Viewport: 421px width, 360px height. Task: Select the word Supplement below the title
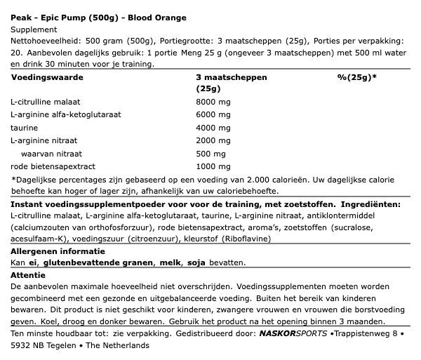34,29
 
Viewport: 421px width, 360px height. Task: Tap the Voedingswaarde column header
47,77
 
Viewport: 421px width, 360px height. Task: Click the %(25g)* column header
356,77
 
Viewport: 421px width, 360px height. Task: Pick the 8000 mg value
213,102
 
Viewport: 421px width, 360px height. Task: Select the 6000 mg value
213,115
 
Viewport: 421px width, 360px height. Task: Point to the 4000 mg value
213,128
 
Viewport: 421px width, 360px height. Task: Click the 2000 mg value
213,140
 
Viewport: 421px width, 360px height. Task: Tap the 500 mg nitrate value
211,153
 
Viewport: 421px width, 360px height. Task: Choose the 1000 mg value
213,166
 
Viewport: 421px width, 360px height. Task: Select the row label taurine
24,128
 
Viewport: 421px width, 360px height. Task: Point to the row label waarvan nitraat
52,153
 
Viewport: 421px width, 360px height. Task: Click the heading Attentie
28,275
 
